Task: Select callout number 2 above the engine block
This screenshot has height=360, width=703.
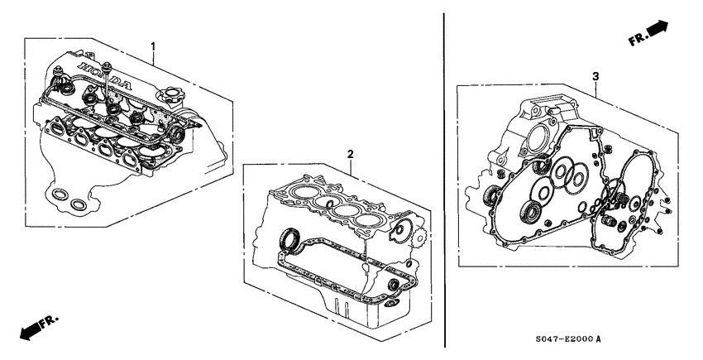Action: click(350, 154)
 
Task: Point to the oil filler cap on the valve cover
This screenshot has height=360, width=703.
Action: click(174, 104)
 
